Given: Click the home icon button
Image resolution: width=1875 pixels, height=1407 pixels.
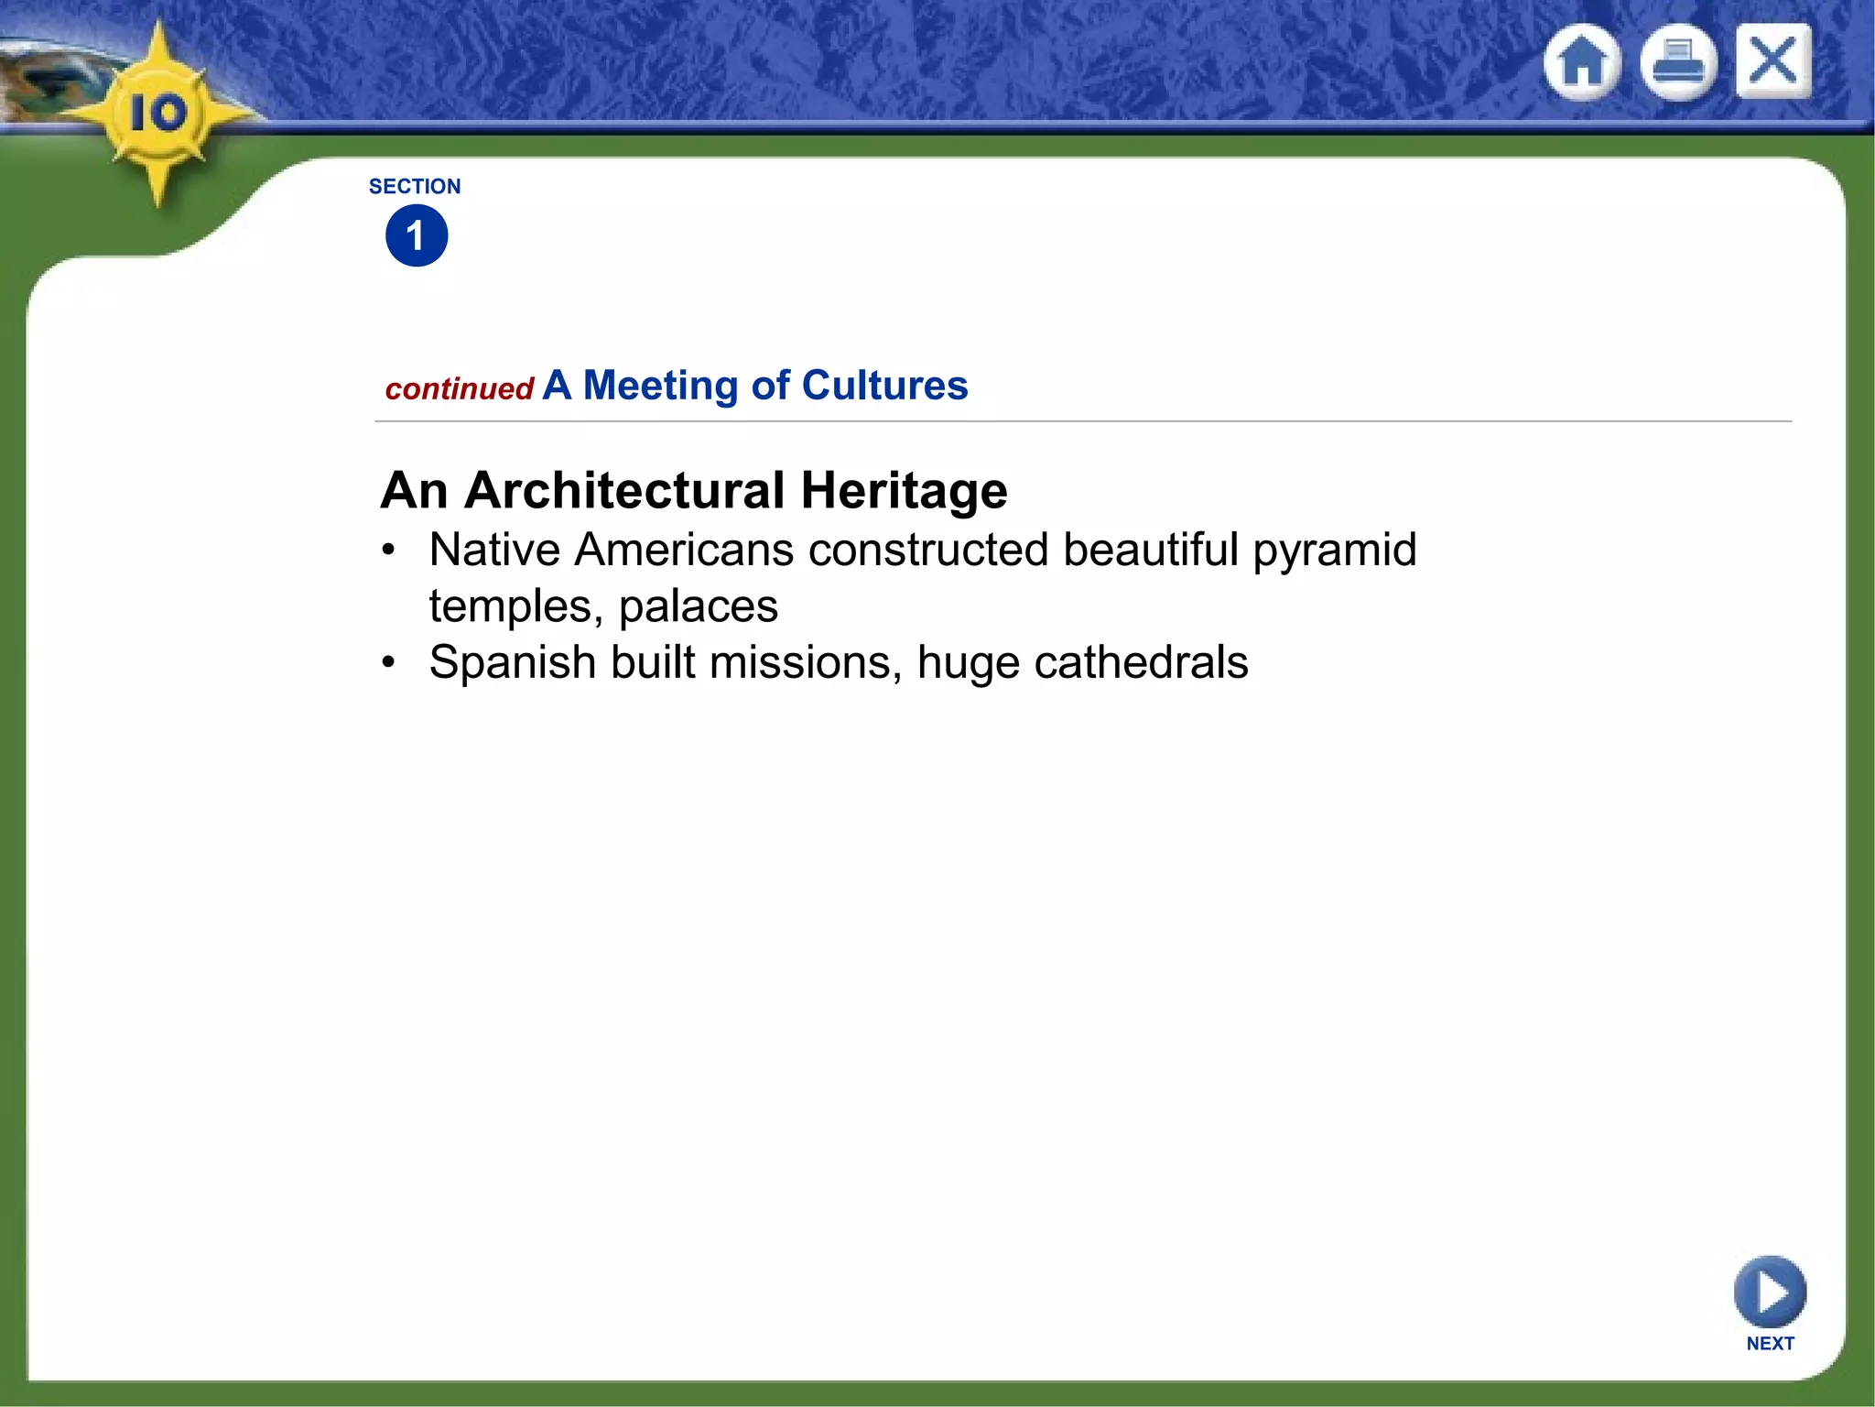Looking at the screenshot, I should (1582, 62).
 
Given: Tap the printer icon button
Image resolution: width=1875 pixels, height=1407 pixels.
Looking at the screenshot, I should (1677, 62).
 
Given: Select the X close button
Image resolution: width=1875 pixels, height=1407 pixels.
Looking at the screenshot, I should (1773, 61).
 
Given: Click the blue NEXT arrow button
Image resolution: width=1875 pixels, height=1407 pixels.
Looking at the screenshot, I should (1770, 1292).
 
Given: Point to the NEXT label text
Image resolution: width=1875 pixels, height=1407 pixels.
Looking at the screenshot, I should (1770, 1344).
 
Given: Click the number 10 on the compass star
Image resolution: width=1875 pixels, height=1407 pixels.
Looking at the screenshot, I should (158, 114).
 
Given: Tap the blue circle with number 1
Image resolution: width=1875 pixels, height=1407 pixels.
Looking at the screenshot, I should (417, 235).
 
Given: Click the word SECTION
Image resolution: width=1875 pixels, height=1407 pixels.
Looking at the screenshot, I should (415, 187).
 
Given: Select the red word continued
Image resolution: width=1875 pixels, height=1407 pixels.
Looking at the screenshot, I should (459, 389).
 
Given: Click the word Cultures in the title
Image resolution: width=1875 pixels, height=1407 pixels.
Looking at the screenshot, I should (884, 386).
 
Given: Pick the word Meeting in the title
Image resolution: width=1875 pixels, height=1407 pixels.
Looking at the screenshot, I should (660, 386).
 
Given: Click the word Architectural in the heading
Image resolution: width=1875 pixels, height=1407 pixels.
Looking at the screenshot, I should (624, 490).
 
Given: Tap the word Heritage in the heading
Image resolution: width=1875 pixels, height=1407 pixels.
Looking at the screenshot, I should (904, 490).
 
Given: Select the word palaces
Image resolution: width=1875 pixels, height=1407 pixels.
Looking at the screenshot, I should (698, 606).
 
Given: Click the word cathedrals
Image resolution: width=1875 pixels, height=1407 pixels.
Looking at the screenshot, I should (1141, 662).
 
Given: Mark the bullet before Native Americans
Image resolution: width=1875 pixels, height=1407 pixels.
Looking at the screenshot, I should (389, 550).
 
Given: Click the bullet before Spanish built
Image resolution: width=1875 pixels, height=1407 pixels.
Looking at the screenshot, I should (389, 661).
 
